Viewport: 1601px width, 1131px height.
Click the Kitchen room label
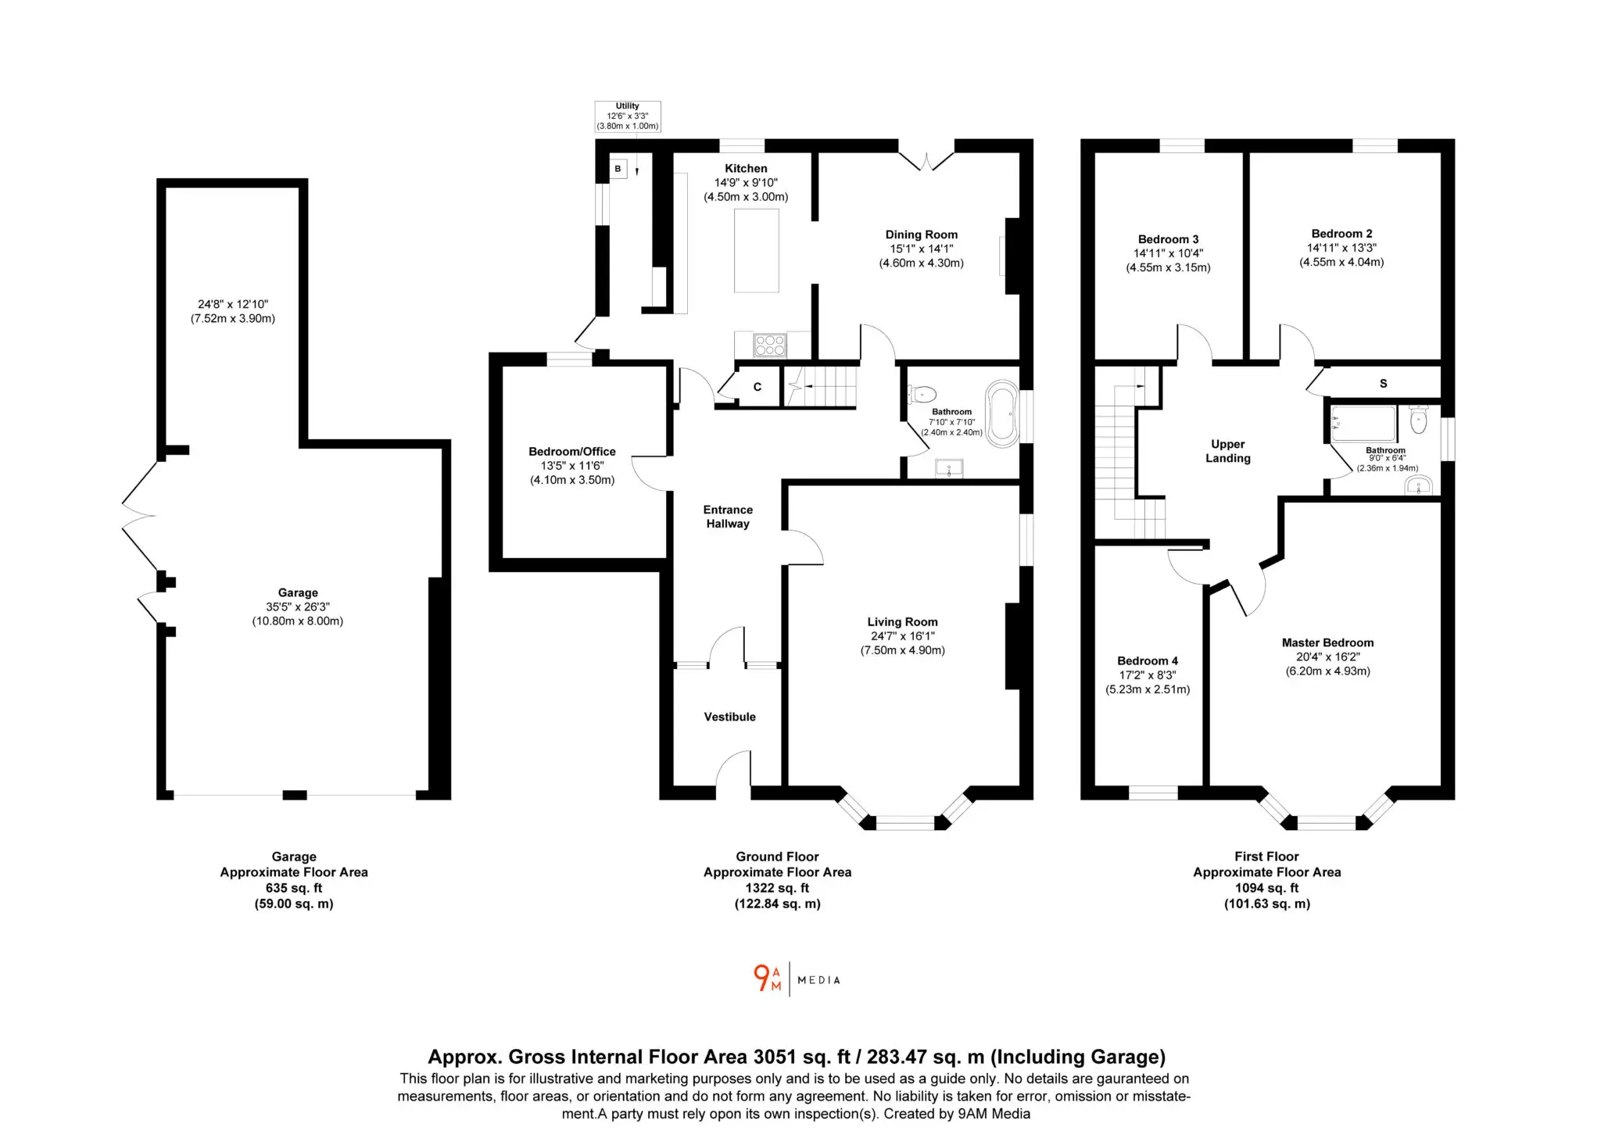[x=746, y=168]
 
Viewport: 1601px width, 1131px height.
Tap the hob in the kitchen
[x=770, y=345]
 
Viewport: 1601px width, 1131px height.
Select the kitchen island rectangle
[x=757, y=250]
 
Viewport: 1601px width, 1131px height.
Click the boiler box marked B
[x=618, y=169]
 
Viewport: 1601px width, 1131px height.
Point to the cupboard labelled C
[x=758, y=387]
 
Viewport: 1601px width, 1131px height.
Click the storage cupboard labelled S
[x=1384, y=383]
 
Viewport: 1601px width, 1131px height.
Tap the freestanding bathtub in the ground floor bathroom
[x=1002, y=414]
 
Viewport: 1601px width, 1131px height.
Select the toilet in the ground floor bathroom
[x=922, y=394]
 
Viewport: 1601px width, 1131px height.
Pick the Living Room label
[x=902, y=622]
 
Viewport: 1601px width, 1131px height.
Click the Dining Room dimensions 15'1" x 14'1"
[x=921, y=249]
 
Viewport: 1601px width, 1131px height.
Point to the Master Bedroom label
[x=1327, y=642]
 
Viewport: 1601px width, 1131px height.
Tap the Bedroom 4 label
[x=1148, y=660]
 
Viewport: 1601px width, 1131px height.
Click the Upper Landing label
[x=1228, y=451]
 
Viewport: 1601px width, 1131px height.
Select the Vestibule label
[x=729, y=717]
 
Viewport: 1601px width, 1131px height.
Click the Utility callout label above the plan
[x=628, y=116]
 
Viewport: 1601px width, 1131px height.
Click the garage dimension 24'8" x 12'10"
[x=233, y=304]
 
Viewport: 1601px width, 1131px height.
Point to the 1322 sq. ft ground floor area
[x=777, y=888]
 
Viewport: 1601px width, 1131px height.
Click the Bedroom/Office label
[x=572, y=451]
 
